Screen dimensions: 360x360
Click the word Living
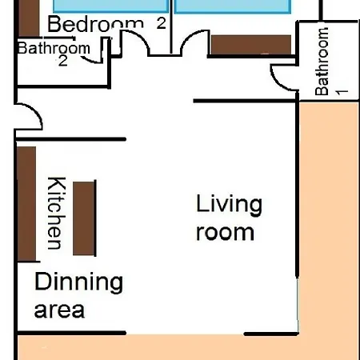pos(229,205)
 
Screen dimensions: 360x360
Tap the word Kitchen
pos(57,213)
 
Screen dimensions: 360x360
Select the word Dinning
pos(79,282)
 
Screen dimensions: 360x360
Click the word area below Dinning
pos(59,310)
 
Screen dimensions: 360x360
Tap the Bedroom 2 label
pos(106,23)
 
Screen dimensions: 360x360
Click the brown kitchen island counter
pos(84,218)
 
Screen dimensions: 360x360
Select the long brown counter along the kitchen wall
pos(26,204)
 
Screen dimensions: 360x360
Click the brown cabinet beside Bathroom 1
pos(251,45)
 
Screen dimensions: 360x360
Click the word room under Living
pos(225,233)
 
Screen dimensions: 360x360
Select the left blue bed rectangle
pos(110,6)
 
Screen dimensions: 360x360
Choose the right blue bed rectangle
pos(233,6)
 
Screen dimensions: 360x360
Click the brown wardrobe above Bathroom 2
pos(29,18)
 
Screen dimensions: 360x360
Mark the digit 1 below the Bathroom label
pos(342,92)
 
